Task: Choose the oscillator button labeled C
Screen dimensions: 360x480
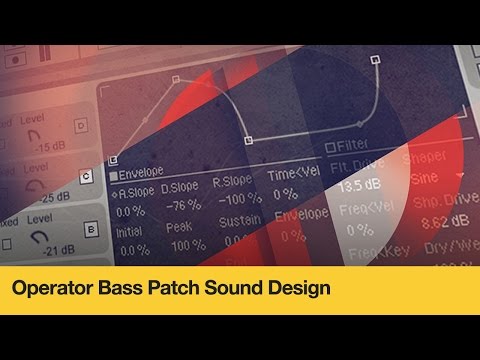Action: pyautogui.click(x=87, y=178)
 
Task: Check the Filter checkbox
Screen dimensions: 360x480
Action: pyautogui.click(x=331, y=148)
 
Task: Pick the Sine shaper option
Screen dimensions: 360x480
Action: pyautogui.click(x=428, y=176)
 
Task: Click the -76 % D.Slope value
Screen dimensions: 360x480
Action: pyautogui.click(x=182, y=207)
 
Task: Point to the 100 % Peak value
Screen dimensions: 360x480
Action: pyautogui.click(x=182, y=246)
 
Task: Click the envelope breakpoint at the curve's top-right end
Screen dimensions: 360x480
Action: pyautogui.click(x=376, y=59)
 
